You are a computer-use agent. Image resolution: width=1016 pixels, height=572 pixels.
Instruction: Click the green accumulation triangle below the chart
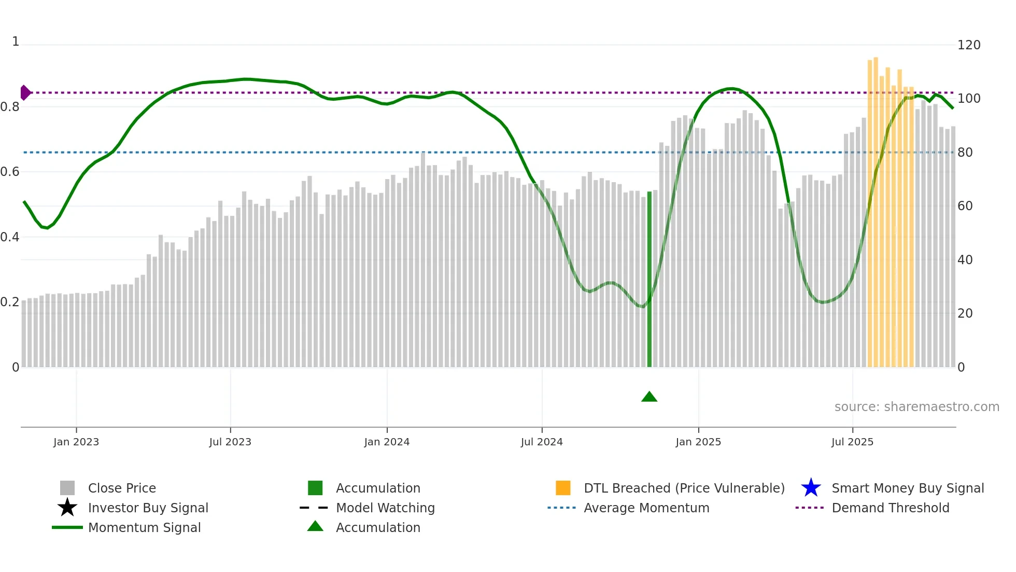click(649, 397)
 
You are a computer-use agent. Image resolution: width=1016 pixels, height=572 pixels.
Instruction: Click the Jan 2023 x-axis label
click(76, 442)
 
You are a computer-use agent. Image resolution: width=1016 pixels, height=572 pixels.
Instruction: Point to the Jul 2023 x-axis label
click(230, 442)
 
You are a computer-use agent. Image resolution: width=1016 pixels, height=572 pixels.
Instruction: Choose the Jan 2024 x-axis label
click(387, 442)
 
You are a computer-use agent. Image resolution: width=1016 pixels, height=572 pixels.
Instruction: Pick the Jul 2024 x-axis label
click(542, 442)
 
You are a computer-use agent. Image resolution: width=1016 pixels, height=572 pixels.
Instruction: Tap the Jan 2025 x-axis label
click(698, 442)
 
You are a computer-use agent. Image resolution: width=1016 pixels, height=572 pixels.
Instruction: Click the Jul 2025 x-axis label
click(852, 442)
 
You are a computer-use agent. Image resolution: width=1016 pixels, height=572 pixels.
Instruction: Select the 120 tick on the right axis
click(968, 45)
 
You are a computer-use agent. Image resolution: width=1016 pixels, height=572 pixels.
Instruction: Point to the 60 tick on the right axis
click(965, 206)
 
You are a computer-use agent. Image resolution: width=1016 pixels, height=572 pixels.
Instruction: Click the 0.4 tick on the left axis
click(10, 237)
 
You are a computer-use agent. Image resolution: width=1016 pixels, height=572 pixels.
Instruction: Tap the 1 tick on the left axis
click(16, 42)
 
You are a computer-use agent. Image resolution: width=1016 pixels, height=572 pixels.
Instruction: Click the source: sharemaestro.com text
click(916, 407)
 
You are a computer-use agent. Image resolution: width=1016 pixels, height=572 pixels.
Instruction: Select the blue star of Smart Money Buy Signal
click(811, 488)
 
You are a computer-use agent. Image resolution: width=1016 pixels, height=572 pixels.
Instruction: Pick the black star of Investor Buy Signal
click(67, 508)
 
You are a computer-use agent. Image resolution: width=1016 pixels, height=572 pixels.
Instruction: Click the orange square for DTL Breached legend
click(563, 488)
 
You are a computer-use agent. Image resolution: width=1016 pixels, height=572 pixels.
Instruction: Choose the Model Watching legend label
click(385, 508)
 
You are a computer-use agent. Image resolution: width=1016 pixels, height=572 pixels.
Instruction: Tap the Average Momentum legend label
click(646, 508)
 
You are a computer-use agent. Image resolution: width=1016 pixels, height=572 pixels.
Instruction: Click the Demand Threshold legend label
click(890, 508)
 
